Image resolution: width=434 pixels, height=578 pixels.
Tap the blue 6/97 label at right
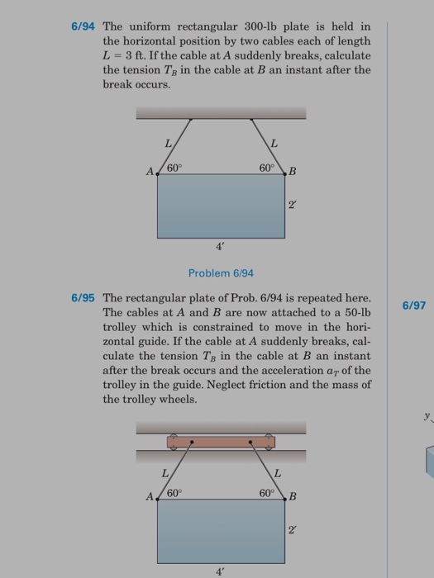[x=413, y=306]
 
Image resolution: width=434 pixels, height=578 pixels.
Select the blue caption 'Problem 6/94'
[x=221, y=272]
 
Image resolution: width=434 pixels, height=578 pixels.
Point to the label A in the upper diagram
[x=150, y=173]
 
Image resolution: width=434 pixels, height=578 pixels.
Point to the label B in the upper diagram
[x=292, y=173]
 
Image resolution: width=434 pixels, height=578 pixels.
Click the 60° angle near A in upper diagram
[x=174, y=168]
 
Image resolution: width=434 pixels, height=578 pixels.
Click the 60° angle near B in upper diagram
[x=266, y=168]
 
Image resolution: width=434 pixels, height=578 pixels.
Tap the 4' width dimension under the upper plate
[x=220, y=245]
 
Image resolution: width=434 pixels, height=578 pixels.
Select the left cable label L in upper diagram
[x=168, y=143]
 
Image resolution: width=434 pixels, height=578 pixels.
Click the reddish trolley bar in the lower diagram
[x=221, y=442]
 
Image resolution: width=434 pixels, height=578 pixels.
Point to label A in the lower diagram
[x=150, y=497]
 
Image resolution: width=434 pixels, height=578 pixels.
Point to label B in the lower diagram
[x=292, y=497]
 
